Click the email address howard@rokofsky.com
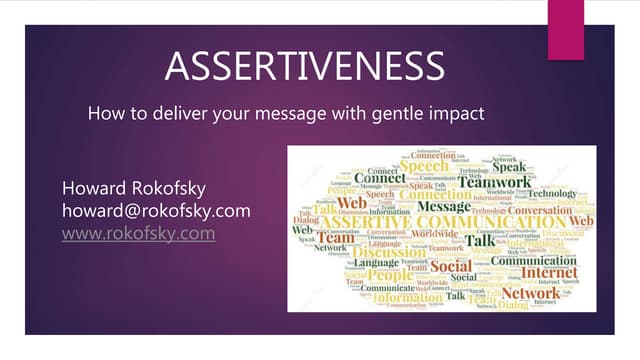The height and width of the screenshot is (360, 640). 155,211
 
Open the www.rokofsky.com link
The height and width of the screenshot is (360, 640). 138,233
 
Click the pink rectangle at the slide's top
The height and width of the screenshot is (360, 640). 566,27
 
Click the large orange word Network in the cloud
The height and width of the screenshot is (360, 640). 531,293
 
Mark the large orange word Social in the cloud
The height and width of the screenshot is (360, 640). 451,266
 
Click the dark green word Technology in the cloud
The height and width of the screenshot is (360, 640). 553,193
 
